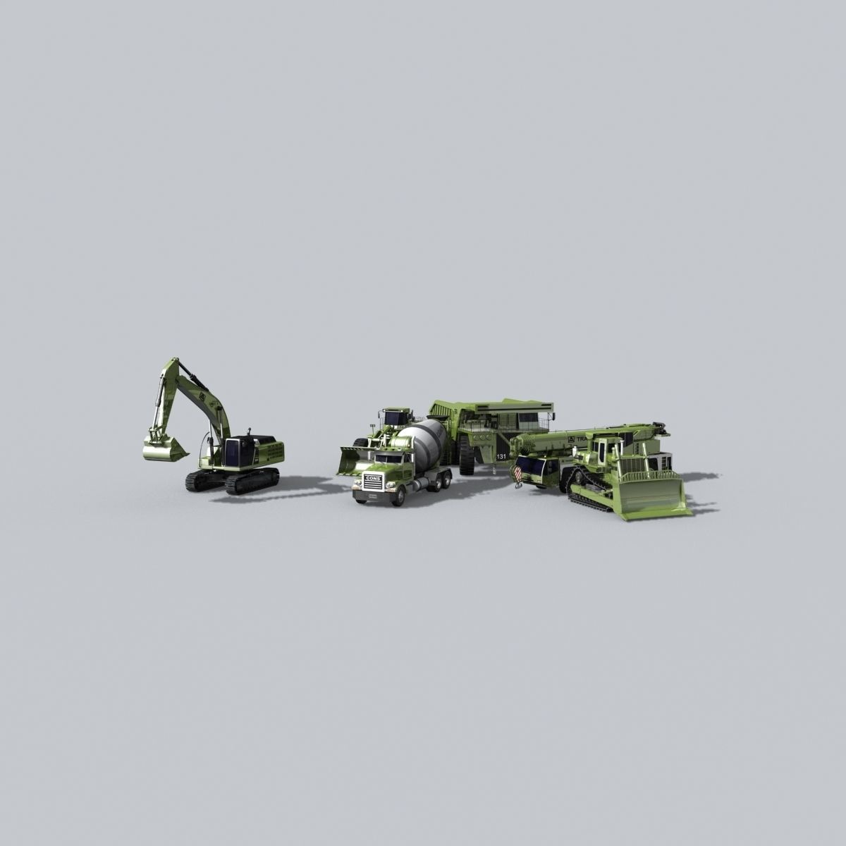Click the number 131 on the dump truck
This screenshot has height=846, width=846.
tap(501, 457)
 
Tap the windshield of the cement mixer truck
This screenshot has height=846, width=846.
tap(386, 459)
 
